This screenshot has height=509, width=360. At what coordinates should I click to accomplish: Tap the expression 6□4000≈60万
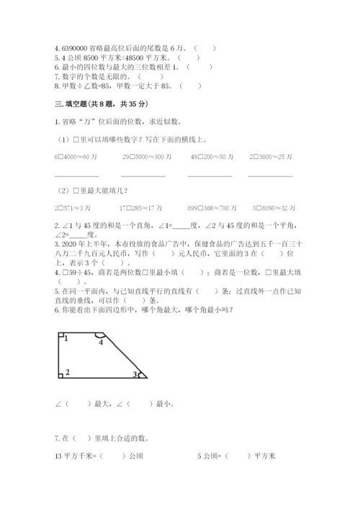[x=77, y=156]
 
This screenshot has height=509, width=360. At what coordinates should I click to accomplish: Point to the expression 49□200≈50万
[x=210, y=156]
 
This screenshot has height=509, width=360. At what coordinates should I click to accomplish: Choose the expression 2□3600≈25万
[x=270, y=156]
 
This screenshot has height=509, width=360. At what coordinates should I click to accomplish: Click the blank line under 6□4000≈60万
[x=76, y=176]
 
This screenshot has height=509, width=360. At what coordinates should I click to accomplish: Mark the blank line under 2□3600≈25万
[x=270, y=176]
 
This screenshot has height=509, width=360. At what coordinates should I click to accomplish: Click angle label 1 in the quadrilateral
[x=66, y=338]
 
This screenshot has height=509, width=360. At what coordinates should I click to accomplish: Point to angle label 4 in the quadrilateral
[x=101, y=342]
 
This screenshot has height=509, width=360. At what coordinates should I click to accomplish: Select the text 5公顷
[x=209, y=456]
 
